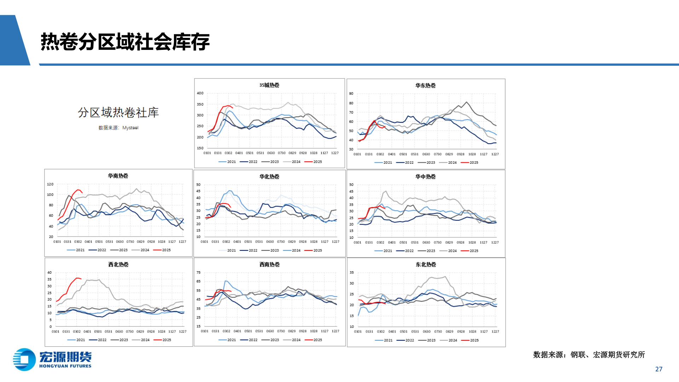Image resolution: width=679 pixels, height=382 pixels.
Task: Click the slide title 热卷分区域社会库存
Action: pyautogui.click(x=125, y=42)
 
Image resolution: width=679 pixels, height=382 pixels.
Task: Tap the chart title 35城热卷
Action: pyautogui.click(x=269, y=85)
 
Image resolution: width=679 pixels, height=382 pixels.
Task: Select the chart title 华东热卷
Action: pyautogui.click(x=425, y=86)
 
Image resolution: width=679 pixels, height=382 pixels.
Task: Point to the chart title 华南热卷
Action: pyautogui.click(x=118, y=176)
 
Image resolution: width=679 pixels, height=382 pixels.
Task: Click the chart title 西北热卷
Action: pyautogui.click(x=118, y=265)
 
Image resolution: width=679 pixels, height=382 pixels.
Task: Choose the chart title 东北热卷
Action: pyautogui.click(x=426, y=265)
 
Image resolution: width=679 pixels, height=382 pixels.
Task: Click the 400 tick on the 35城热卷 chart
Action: pyautogui.click(x=200, y=93)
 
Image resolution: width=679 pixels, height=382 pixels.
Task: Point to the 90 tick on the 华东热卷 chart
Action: pyautogui.click(x=351, y=94)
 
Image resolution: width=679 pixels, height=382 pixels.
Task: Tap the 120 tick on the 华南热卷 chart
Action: pyautogui.click(x=50, y=184)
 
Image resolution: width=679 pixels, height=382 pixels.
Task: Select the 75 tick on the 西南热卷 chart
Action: pyautogui.click(x=198, y=273)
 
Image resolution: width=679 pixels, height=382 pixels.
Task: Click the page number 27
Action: pyautogui.click(x=659, y=369)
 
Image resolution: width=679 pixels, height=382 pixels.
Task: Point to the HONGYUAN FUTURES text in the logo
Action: pyautogui.click(x=65, y=366)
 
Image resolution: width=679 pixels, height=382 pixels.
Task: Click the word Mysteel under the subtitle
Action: pyautogui.click(x=130, y=128)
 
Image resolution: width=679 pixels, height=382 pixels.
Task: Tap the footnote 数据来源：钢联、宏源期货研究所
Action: pyautogui.click(x=589, y=355)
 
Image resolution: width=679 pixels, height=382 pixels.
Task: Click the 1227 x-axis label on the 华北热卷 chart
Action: pyautogui.click(x=336, y=242)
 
